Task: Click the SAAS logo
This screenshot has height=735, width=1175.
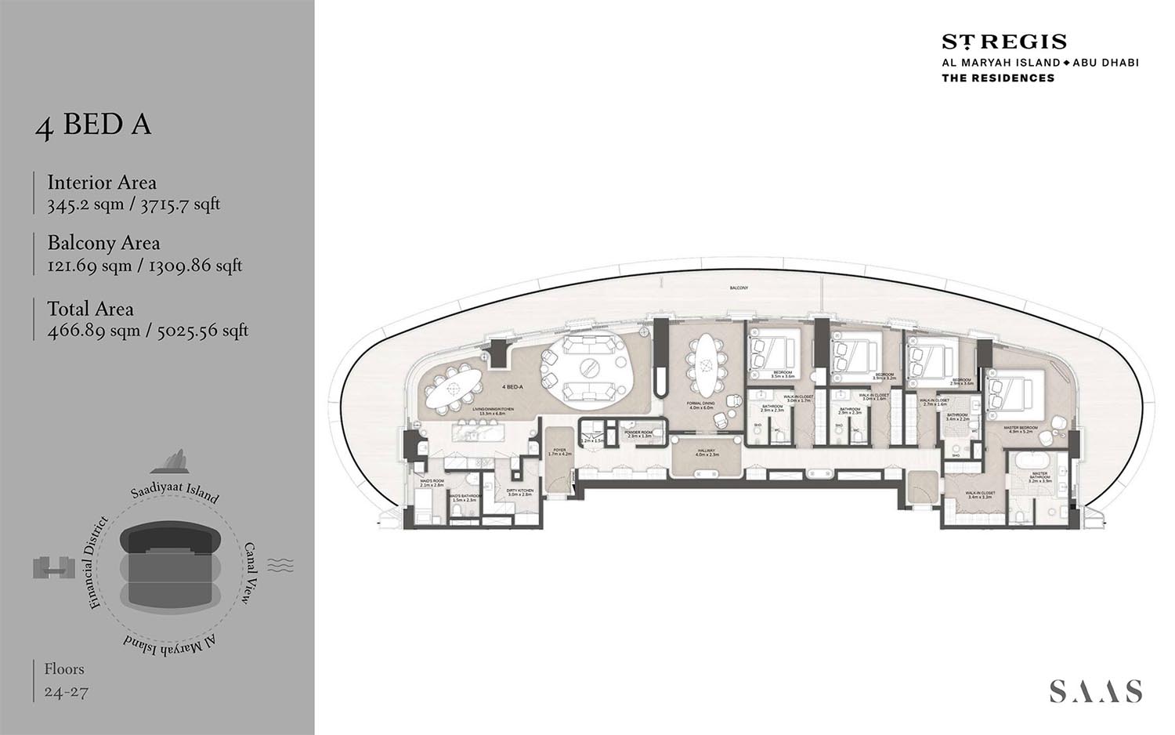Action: (x=1095, y=691)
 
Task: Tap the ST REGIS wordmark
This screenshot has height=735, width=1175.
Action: (x=1003, y=42)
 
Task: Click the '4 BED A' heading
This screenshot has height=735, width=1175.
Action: (x=93, y=125)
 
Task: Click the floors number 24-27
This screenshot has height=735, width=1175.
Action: (x=67, y=692)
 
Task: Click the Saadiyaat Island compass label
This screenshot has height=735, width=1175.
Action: (x=174, y=491)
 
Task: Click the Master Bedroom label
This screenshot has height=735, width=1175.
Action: (x=1021, y=429)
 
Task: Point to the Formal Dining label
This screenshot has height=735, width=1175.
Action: (x=701, y=405)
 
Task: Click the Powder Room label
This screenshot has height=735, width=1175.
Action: (x=638, y=433)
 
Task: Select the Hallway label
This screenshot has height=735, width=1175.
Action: (x=707, y=452)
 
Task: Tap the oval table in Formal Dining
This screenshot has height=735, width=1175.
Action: (x=706, y=364)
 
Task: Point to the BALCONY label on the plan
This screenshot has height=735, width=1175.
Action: (x=739, y=288)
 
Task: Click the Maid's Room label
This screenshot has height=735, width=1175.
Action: (x=432, y=483)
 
